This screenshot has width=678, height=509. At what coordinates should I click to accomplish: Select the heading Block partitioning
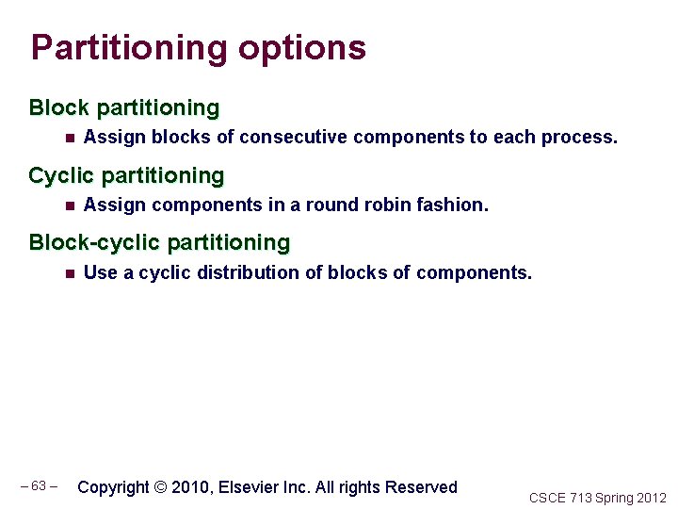[x=124, y=108]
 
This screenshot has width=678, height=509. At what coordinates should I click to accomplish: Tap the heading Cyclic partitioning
[x=126, y=175]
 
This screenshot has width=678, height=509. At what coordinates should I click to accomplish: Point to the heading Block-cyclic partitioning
[x=159, y=242]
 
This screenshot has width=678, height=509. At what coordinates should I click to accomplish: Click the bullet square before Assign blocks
[x=70, y=138]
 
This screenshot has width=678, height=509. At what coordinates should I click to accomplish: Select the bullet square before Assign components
[x=70, y=205]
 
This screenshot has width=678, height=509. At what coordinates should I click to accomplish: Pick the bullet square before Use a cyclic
[x=70, y=273]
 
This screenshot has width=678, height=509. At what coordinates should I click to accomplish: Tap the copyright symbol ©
[x=160, y=487]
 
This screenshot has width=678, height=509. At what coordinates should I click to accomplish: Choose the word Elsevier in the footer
[x=249, y=487]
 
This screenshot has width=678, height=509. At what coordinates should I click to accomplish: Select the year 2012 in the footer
[x=651, y=498]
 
